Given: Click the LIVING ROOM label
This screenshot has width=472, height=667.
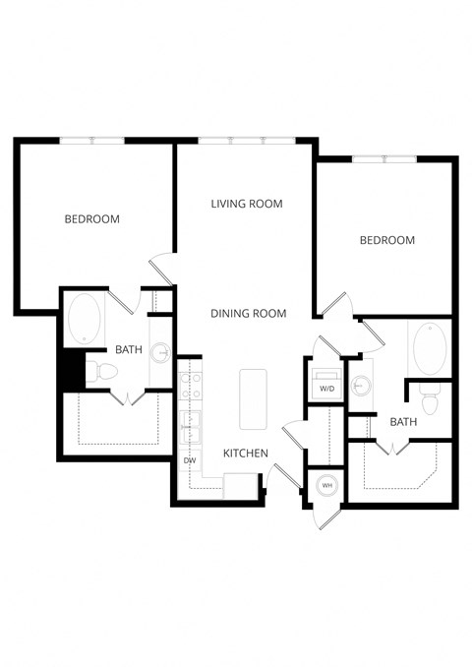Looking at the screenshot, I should point(247,204).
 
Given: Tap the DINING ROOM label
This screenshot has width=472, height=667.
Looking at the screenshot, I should point(248,314).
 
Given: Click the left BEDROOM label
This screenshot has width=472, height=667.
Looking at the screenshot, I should point(91,218).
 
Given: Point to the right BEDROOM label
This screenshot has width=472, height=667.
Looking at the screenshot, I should point(386,240).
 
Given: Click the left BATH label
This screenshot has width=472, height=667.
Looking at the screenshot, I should point(129,349).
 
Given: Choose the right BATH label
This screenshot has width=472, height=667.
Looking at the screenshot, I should point(403,422).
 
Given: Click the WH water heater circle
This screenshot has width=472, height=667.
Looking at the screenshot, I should point(325,485).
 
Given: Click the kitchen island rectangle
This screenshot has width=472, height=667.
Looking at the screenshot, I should point(253,398).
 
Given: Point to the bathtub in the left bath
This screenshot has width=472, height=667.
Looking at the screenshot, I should point(83,320).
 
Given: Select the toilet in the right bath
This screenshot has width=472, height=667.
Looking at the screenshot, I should point(430,400).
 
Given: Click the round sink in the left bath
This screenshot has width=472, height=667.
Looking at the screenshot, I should point(161,353).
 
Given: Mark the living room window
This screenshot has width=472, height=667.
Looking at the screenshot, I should point(246,141).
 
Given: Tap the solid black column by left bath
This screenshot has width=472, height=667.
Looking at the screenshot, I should point(71,370).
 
